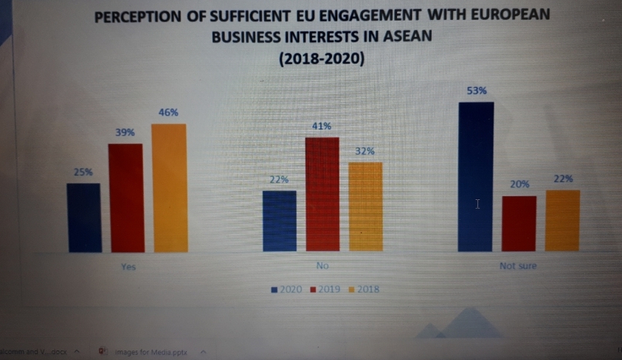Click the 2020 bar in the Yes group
click(83, 218)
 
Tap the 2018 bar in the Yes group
click(169, 188)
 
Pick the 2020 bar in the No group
click(279, 221)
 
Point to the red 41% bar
click(322, 195)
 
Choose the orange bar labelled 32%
click(365, 207)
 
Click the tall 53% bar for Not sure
click(475, 177)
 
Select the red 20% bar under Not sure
click(519, 224)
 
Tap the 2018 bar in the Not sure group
click(562, 221)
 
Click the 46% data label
click(168, 112)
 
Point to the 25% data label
click(83, 172)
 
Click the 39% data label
click(125, 132)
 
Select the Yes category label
click(129, 266)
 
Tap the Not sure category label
click(518, 266)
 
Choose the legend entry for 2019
click(324, 289)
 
